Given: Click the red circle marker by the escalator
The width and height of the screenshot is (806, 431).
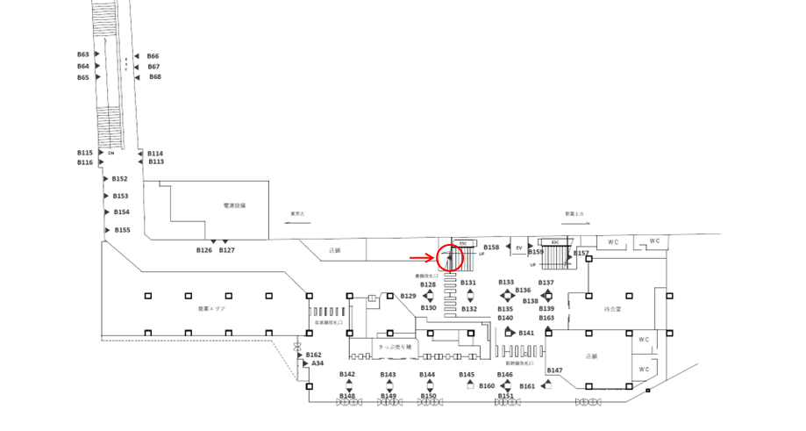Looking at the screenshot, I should coord(449,258).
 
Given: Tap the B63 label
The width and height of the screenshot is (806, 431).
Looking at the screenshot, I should coord(82,54).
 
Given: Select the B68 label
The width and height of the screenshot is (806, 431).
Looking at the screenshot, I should coord(155,77).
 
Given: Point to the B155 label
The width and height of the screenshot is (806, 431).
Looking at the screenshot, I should coord(122,230).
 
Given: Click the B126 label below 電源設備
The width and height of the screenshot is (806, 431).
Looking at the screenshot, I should coord(203,250).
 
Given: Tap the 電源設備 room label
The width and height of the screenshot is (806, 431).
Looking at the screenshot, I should coord(235,205).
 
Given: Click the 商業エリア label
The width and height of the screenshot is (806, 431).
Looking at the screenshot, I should coord(211,310).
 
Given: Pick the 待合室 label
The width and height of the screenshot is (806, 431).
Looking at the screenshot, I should coord(613,309).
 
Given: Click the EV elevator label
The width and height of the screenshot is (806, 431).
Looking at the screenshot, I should coord(519,248).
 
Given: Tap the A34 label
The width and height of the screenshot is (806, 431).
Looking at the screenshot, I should coord(317,363).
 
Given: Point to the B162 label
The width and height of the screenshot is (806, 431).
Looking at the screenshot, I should coord(314,355).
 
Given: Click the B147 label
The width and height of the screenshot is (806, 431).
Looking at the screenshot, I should coord(554,370).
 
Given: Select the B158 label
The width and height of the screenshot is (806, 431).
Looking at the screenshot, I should coord(491,248).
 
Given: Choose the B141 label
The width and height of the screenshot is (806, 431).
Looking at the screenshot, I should coord(526,334).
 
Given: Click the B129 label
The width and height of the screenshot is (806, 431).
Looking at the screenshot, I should coord(408,296).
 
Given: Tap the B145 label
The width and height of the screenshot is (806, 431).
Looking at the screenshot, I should coord(467,375).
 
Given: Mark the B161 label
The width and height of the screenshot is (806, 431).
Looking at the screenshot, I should coord(527,386).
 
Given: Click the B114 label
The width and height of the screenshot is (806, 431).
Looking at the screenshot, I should coord(155,154).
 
